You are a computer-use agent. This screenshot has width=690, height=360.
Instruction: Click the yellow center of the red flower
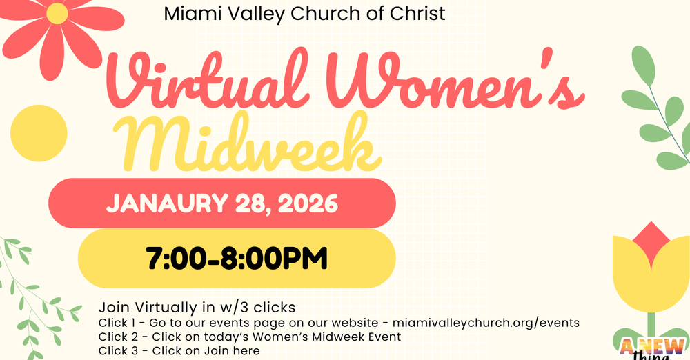coord(57,13)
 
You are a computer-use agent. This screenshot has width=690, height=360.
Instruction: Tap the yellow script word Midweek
coord(248,146)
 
